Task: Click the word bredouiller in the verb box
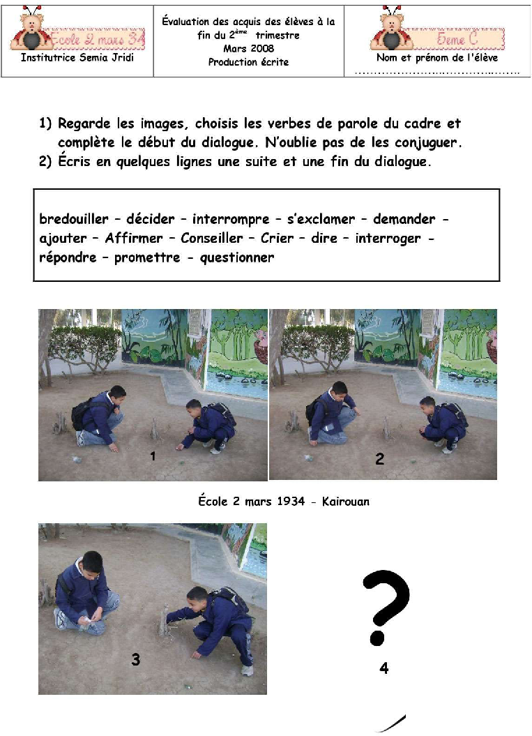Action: pos(74,219)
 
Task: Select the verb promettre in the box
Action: pos(147,257)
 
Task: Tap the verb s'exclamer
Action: pos(321,219)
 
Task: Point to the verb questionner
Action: pos(237,257)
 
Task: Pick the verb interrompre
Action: pos(231,219)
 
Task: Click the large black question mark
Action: pos(386,608)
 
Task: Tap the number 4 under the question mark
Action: pos(383,668)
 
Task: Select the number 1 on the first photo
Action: pos(153,456)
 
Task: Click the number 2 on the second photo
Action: pos(379,458)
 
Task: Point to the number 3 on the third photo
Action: pos(135,659)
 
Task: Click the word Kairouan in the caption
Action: pos(346,502)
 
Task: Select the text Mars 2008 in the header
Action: pos(249,48)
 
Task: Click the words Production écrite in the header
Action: pos(249,62)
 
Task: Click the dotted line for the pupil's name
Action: pos(436,73)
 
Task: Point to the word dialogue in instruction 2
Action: pos(402,162)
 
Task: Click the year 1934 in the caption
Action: pos(291,502)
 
